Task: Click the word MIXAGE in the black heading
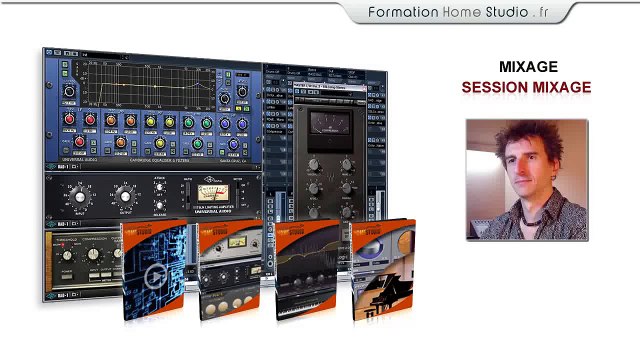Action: coord(528,67)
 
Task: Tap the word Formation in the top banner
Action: coord(403,12)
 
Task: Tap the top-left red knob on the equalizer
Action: coord(68,119)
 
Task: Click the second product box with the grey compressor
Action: coord(230,270)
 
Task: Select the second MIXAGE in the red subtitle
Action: coord(561,88)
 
